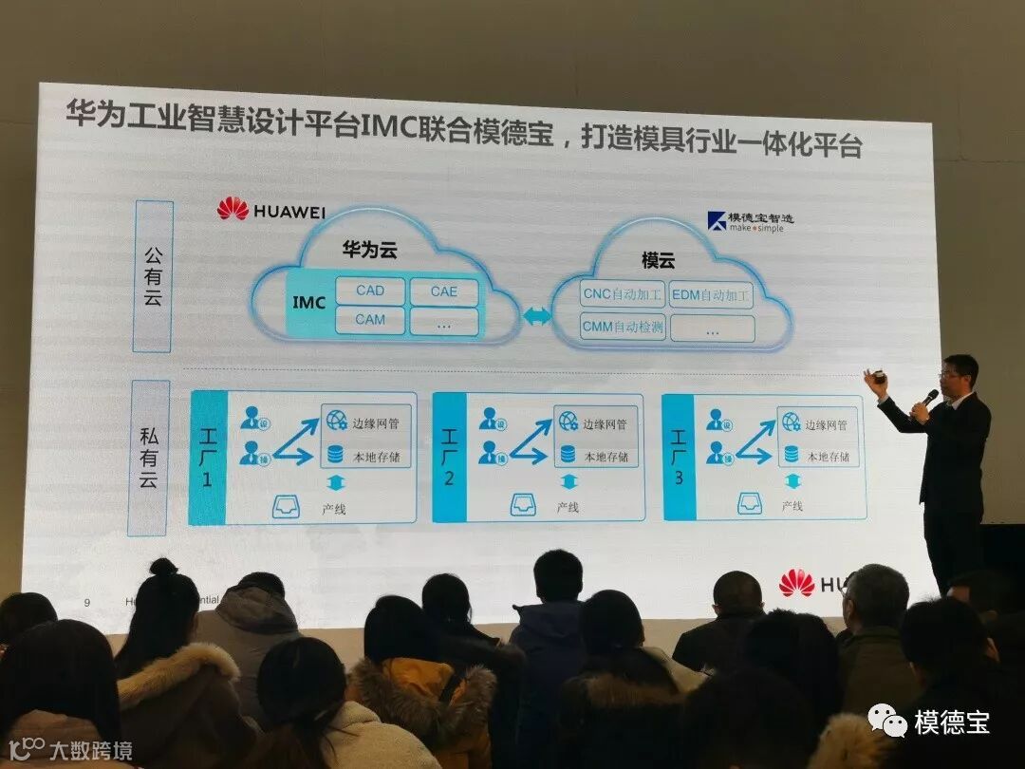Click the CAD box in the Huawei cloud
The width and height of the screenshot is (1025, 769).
coord(369,291)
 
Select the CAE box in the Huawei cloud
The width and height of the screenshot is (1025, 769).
coord(443,291)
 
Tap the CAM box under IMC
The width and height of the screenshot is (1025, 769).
coord(369,320)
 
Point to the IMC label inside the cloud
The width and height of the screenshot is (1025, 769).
coord(308,303)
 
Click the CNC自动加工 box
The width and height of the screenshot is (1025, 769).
coord(622,294)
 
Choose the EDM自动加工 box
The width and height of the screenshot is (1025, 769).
coord(711,294)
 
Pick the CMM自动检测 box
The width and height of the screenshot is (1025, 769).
coord(624,328)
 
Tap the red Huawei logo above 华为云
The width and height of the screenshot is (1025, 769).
coord(233,209)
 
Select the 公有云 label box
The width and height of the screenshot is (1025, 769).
coord(152,275)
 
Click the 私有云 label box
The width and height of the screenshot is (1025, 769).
coord(148,457)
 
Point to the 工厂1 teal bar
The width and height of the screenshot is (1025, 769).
coord(207,457)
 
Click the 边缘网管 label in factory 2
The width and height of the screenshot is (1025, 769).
coord(604,424)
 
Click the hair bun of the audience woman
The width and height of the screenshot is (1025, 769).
coord(163,568)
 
